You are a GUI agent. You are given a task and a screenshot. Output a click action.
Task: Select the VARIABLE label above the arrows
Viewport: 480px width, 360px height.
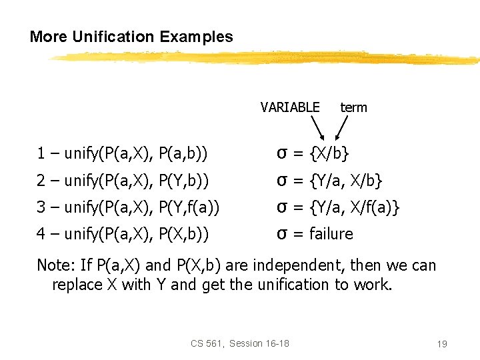pos(290,107)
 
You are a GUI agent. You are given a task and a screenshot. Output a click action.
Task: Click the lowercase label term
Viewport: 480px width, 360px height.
pos(353,107)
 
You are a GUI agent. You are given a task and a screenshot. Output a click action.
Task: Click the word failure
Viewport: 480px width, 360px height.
pos(331,234)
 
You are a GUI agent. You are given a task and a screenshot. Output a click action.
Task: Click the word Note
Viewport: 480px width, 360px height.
pos(53,265)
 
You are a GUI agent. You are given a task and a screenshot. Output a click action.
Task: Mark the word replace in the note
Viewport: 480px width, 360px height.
pos(75,285)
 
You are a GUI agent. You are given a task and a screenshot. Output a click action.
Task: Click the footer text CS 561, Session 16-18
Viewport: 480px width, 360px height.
pos(239,343)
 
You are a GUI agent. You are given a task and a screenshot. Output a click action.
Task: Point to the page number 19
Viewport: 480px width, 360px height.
pos(441,344)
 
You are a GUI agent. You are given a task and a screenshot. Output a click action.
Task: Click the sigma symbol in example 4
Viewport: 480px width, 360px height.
pos(282,235)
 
